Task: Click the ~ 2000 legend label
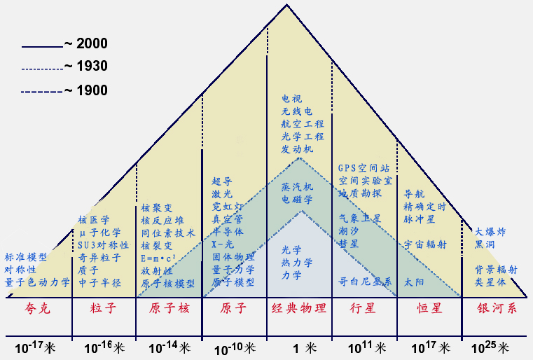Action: pos(86,44)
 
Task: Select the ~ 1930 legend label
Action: pos(86,67)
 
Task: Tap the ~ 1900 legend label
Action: pos(86,90)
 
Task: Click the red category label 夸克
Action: pos(38,308)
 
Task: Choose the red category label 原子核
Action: pos(169,308)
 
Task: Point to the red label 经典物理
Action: pos(299,308)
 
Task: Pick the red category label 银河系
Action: pos(497,308)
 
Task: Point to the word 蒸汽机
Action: pos(297,188)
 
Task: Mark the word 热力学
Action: pos(297,263)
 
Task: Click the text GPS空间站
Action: pos(364,168)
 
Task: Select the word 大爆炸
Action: pos(490,231)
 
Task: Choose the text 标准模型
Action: pos(26,257)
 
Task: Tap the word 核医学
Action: pos(92,220)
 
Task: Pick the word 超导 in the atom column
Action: pos(222,181)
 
